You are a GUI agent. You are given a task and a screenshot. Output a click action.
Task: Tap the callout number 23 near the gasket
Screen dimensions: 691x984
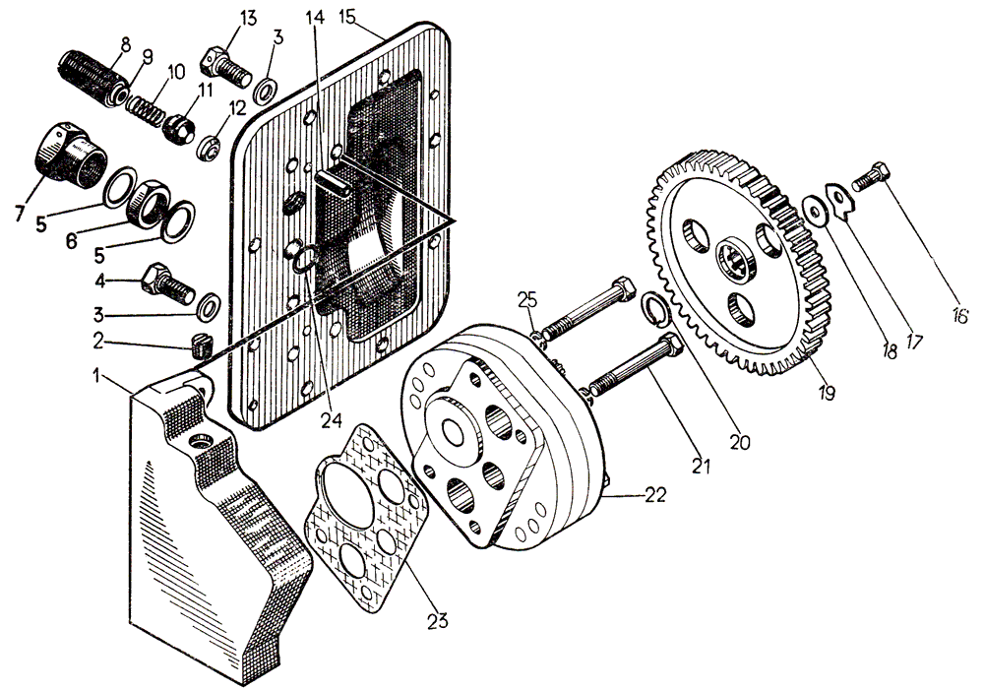click(x=437, y=620)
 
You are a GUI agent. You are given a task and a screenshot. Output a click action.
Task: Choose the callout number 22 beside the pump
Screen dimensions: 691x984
click(x=654, y=494)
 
